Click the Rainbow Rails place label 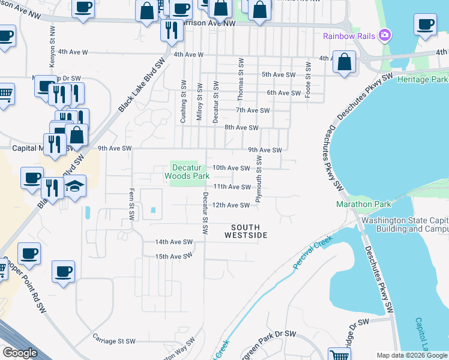click(349, 36)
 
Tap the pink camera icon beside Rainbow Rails click(385, 35)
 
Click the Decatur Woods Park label click(187, 172)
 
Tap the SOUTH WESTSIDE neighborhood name click(246, 230)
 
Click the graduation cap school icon click(75, 187)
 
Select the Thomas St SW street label click(240, 75)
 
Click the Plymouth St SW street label click(259, 179)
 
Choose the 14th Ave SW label click(173, 242)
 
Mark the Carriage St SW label click(114, 340)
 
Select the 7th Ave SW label click(253, 110)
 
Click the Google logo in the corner click(20, 353)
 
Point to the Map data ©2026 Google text click(412, 355)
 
